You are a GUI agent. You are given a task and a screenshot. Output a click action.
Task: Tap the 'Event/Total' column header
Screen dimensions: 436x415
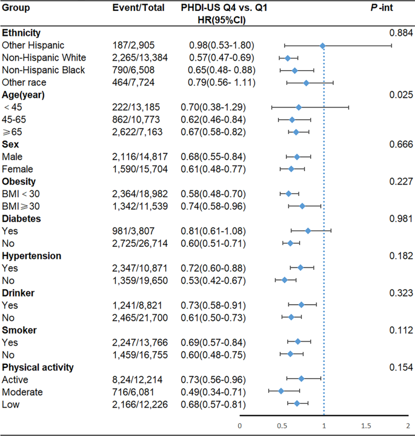139,7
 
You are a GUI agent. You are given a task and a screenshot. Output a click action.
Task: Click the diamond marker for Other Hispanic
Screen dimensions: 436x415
322,45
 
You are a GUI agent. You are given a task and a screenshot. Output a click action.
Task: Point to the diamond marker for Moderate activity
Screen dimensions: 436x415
281,391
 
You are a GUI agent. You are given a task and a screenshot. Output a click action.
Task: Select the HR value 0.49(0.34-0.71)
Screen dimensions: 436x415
217,392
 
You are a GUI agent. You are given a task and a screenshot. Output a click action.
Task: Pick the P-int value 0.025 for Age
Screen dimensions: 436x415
401,95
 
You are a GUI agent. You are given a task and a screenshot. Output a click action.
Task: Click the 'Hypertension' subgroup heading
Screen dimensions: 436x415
32,256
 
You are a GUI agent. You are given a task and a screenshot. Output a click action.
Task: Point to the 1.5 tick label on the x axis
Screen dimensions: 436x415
366,426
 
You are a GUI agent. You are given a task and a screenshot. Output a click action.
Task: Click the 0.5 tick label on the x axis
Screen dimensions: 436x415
282,426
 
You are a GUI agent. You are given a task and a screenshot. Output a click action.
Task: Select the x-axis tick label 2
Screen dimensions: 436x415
408,426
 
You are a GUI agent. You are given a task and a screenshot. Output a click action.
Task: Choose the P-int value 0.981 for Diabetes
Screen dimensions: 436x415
401,219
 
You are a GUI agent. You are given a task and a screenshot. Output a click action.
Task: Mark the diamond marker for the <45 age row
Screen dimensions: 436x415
299,107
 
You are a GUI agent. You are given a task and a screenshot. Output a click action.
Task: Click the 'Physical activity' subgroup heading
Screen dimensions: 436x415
38,367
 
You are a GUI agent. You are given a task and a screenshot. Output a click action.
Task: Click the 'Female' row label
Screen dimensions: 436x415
18,169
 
